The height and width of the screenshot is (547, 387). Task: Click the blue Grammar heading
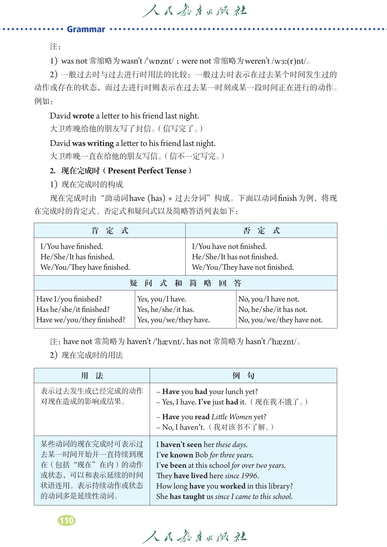86,29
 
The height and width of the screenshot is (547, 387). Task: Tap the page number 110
67,520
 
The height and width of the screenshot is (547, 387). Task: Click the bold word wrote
83,116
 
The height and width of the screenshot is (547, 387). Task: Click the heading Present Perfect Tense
147,171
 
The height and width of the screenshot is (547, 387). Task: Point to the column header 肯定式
110,230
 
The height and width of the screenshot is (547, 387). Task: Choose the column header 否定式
261,230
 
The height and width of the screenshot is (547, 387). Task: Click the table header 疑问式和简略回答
185,283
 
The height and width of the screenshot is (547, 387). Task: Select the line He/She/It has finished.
77,257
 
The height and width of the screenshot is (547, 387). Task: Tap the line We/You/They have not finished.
243,267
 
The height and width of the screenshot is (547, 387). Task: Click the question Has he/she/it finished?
73,309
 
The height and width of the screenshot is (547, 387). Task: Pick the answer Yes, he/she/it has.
165,309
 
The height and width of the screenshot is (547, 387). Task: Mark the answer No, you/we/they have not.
280,320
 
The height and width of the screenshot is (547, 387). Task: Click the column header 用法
92,376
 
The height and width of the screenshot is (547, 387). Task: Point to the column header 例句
243,376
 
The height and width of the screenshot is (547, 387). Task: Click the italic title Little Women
232,417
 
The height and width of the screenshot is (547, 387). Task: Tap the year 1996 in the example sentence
249,476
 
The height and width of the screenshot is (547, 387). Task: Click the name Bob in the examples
201,455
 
